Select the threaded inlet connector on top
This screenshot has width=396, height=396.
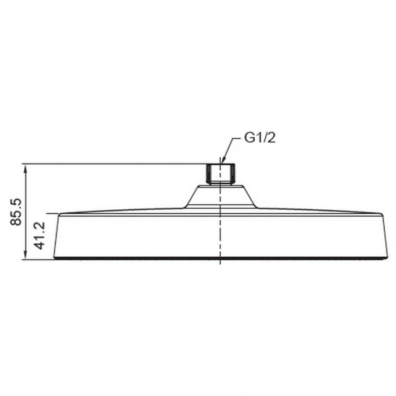(219, 173)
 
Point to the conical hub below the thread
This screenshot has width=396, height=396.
(221, 196)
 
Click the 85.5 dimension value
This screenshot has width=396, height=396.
(16, 211)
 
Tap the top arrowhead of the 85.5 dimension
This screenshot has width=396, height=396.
(24, 166)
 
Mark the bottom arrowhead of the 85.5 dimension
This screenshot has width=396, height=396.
(24, 257)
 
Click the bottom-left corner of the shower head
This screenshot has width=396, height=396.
(54, 259)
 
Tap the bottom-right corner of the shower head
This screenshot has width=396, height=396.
(386, 259)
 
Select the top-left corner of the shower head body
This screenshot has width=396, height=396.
(59, 214)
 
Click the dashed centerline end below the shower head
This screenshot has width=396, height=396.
(219, 264)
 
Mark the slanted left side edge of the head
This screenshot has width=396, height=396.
(57, 236)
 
